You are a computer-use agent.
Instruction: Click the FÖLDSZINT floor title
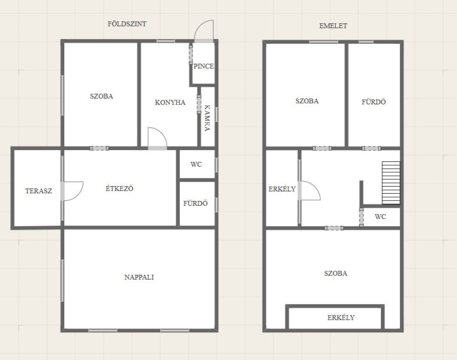[127, 24]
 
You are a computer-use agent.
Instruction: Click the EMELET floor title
[333, 26]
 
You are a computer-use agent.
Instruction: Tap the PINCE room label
[204, 66]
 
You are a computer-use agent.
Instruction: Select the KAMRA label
[208, 118]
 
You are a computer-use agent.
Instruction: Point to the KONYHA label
[170, 103]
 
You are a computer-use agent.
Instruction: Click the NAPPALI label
[139, 277]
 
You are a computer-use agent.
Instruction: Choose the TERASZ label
[38, 191]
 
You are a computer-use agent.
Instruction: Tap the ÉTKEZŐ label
[119, 188]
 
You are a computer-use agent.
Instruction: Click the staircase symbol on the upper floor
[391, 183]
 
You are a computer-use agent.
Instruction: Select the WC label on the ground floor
[196, 164]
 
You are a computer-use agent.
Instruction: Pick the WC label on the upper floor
[380, 217]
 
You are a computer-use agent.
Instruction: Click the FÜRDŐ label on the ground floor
[196, 203]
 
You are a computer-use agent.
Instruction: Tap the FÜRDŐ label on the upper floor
[374, 102]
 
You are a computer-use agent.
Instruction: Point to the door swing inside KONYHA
[161, 133]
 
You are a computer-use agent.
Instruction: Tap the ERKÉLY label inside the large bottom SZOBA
[341, 317]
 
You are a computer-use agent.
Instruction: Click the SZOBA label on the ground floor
[101, 96]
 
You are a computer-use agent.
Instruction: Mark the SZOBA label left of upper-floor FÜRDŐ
[307, 101]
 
